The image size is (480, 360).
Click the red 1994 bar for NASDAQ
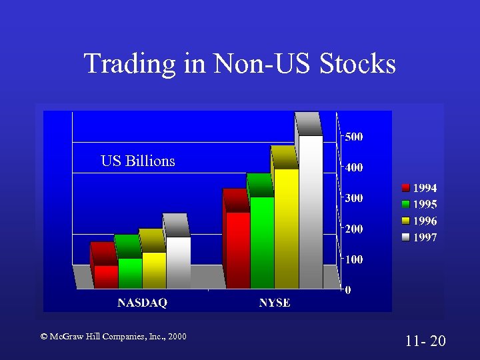coord(106,276)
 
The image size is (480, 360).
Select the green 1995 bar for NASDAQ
coord(130,273)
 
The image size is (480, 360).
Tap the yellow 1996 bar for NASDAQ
coord(154,270)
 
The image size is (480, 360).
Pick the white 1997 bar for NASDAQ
coord(179,262)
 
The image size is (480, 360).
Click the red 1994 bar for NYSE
coord(238,250)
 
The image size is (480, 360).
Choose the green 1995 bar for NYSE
coord(262,242)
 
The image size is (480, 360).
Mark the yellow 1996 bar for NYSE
coord(287,228)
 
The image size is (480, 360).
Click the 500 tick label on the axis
coord(354,137)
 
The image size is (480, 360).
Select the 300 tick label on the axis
coord(354,198)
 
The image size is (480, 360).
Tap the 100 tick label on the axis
coord(354,259)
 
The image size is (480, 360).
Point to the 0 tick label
coord(347,290)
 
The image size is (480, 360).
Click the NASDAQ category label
coord(142,303)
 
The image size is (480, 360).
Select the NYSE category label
coord(275,303)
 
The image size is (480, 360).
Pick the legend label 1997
coord(425,237)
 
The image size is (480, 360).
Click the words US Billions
coord(138,161)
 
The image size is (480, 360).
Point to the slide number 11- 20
coord(425,341)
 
